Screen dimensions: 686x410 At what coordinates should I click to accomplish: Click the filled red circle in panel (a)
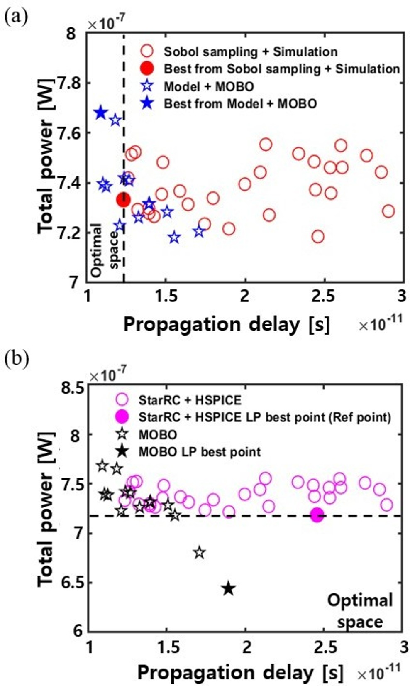tap(123, 199)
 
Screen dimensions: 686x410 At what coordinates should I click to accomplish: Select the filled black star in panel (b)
tap(228, 588)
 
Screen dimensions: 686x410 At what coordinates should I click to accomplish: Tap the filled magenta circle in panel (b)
tap(317, 515)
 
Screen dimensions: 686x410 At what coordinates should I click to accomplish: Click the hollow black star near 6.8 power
tap(200, 553)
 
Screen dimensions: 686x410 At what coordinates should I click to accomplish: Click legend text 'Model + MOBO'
tap(209, 86)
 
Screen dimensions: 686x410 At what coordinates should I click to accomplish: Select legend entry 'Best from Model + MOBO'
tap(240, 103)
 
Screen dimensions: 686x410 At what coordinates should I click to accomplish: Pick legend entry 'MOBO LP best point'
tap(200, 451)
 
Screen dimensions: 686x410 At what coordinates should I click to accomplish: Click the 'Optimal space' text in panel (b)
tap(360, 611)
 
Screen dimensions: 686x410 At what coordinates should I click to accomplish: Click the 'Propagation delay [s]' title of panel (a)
tap(226, 324)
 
